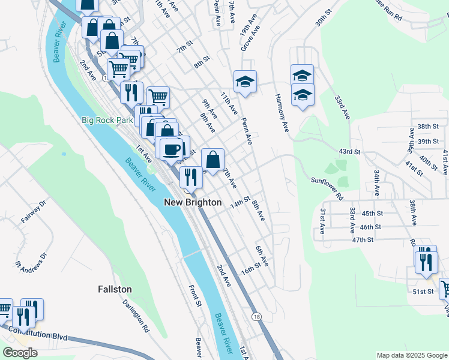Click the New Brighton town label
(193, 203)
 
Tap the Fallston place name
(115, 289)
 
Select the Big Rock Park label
(107, 120)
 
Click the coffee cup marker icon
(172, 148)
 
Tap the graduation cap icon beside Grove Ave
(245, 82)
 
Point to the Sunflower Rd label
(327, 188)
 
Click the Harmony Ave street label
(282, 114)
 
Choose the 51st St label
(423, 292)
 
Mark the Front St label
(194, 296)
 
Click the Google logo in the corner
(20, 353)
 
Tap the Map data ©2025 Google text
(412, 355)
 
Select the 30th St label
(324, 13)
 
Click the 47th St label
(363, 239)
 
